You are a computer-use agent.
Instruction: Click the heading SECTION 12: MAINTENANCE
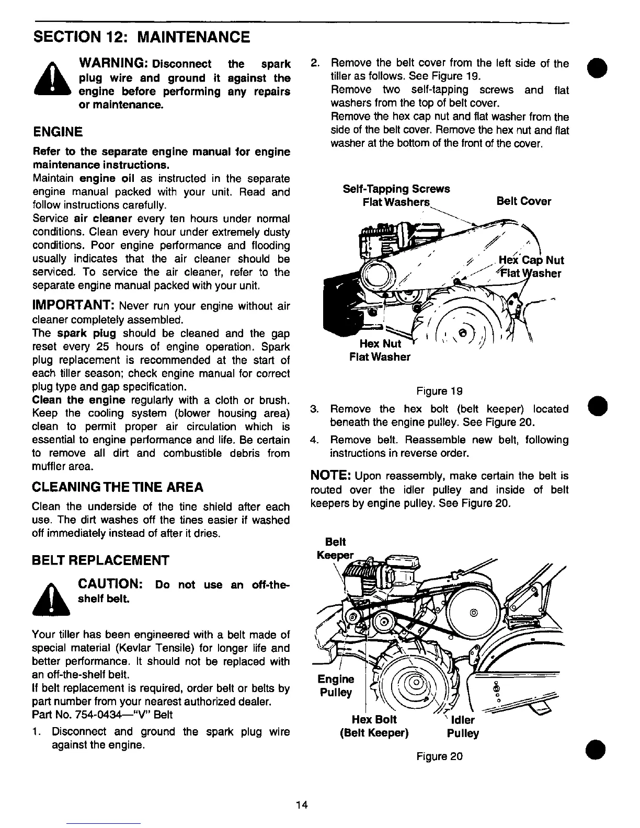pos(141,37)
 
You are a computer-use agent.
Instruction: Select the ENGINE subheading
pos(58,131)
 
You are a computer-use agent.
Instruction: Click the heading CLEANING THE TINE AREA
pos(118,488)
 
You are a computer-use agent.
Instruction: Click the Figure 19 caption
pos(439,391)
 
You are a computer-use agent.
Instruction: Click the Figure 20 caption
pos(439,756)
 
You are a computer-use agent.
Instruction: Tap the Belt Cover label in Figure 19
pos(523,201)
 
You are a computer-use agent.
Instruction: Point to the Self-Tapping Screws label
pos(396,189)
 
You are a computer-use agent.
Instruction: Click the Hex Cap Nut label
pos(531,260)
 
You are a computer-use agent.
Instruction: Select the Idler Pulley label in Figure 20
pos(463,727)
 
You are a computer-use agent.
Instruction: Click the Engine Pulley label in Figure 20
pos(336,686)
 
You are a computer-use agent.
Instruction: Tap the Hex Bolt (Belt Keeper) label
pos(374,726)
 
